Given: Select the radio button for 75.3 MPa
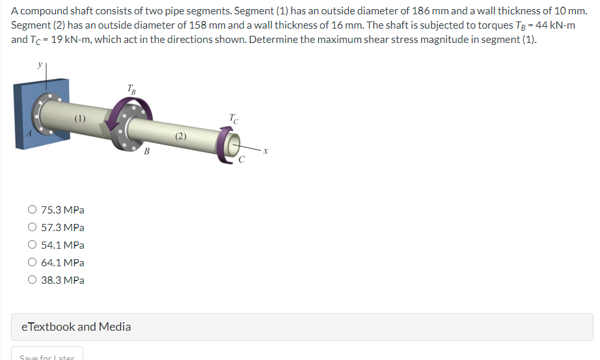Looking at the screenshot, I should (33, 210).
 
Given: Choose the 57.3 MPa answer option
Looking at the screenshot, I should (33, 228).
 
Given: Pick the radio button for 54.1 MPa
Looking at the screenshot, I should (33, 245).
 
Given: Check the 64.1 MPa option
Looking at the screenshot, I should (33, 263).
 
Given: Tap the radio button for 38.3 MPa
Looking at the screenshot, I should (33, 281).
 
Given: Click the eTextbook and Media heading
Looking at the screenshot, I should (76, 327).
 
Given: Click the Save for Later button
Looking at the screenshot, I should (47, 357).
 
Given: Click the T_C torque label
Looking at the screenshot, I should (234, 118).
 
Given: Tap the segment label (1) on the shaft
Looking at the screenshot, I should (79, 118).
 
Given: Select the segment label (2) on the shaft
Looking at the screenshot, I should (180, 136).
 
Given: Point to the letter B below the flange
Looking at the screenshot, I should (146, 152).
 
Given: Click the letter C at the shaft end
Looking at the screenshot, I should (241, 160).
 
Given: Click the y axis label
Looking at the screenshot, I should (39, 66).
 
